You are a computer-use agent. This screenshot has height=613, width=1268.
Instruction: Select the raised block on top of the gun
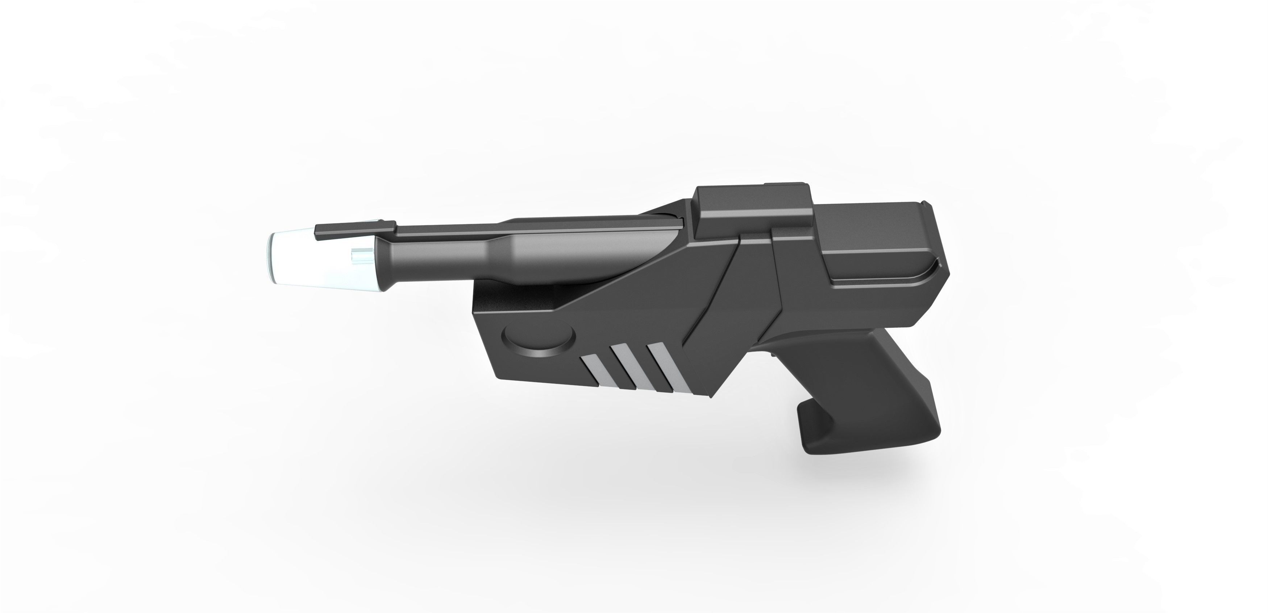point(753,207)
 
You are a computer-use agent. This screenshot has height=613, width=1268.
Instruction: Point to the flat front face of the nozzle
point(272,260)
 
